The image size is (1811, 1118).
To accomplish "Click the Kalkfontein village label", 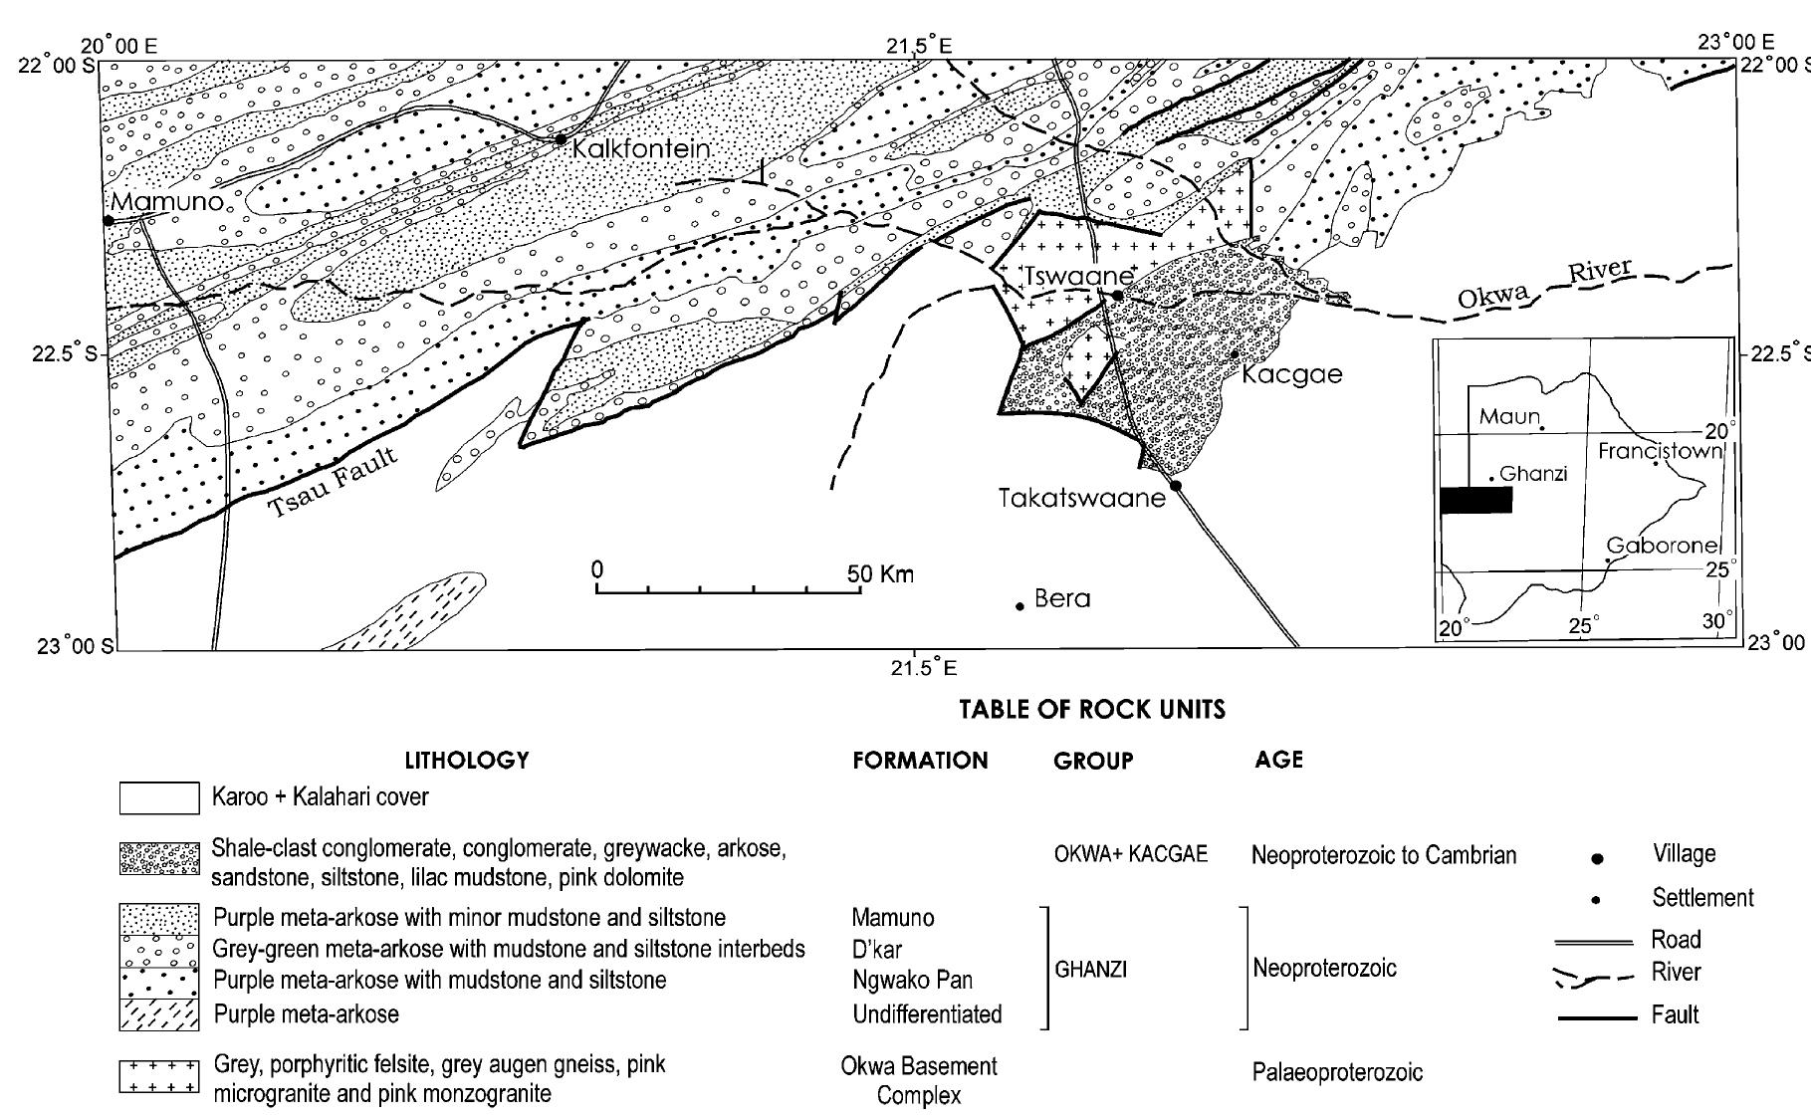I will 641,148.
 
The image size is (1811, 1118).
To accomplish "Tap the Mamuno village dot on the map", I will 108,219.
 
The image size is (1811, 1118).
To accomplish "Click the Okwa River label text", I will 1544,284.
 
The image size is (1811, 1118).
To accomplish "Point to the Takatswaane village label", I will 1081,499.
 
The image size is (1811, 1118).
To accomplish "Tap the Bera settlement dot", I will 1019,605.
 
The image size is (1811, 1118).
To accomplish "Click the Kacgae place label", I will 1292,375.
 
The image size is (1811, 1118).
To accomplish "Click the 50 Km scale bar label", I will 880,574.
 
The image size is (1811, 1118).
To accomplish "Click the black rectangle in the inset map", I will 1475,500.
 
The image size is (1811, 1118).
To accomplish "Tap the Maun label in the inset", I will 1508,416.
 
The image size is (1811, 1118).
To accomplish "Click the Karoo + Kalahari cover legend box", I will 158,797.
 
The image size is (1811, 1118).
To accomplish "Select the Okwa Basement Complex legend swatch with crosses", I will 158,1078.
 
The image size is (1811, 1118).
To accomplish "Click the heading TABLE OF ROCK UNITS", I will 1091,710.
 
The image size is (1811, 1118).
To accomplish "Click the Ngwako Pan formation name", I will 912,981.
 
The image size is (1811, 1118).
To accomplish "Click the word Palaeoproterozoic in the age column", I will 1337,1072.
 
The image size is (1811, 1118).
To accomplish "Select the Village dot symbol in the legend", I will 1597,857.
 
